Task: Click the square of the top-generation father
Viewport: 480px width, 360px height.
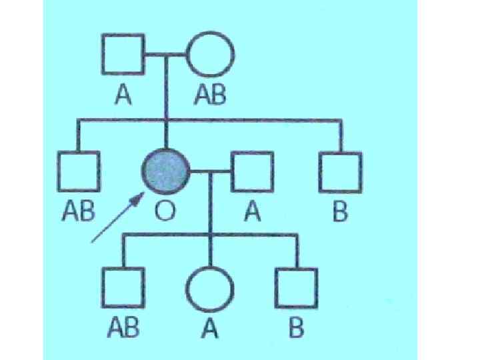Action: pyautogui.click(x=123, y=55)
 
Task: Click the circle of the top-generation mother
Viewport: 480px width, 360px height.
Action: pyautogui.click(x=209, y=55)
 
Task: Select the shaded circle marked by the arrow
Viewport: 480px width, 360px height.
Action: pyautogui.click(x=165, y=172)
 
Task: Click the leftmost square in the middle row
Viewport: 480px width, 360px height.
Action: pyautogui.click(x=79, y=172)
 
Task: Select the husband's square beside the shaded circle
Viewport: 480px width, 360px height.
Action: pyautogui.click(x=252, y=172)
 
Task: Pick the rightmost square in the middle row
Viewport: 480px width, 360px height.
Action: pyautogui.click(x=340, y=172)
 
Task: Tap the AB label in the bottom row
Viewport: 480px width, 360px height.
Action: pyautogui.click(x=123, y=329)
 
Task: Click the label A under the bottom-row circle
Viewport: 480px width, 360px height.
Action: pyautogui.click(x=210, y=329)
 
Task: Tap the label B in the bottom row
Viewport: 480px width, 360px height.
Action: pyautogui.click(x=296, y=329)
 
